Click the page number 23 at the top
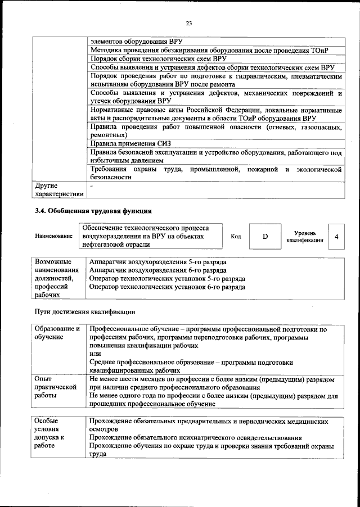point(188,22)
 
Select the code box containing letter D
point(265,237)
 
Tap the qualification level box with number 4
point(336,237)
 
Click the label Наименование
point(54,237)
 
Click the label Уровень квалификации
point(304,237)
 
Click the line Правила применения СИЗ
point(123,143)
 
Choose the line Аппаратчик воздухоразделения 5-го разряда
point(158,262)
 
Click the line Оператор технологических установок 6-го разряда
point(167,287)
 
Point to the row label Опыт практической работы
point(55,387)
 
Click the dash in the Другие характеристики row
point(91,185)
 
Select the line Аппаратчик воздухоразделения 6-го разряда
point(158,270)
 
